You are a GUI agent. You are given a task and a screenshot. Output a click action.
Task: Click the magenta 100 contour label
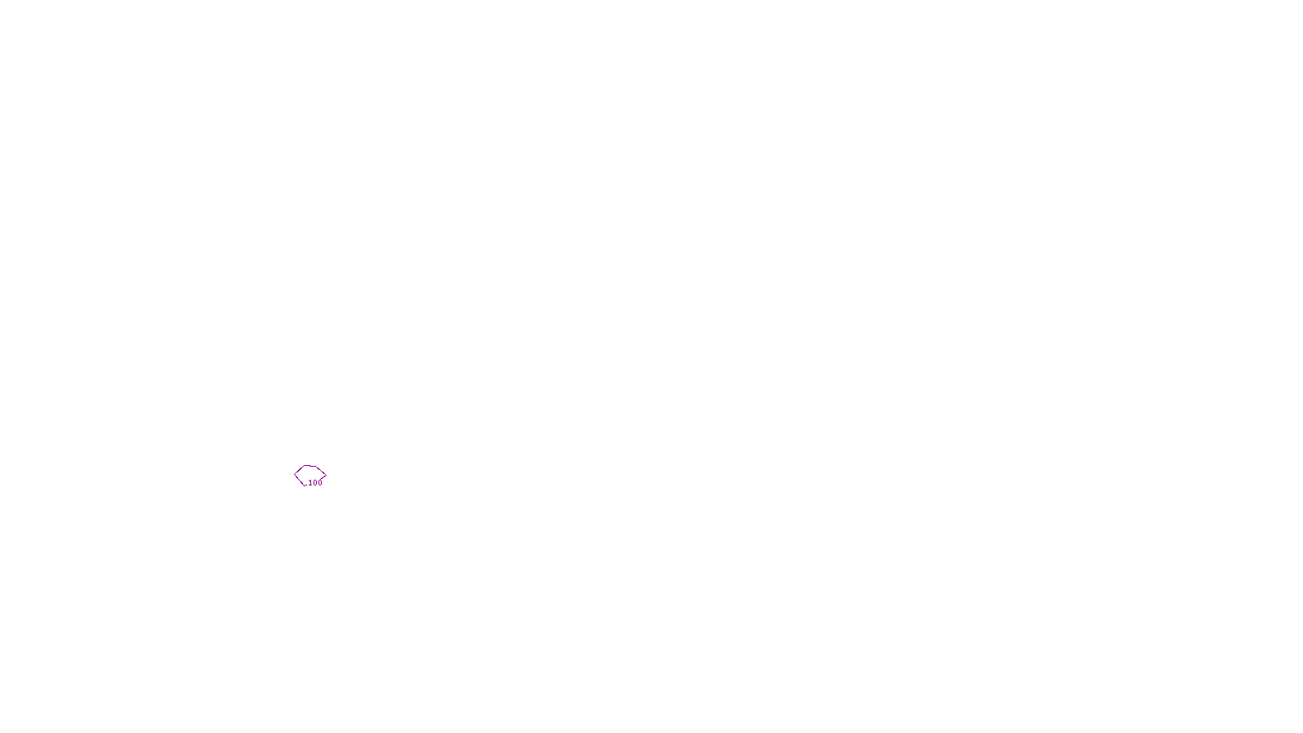[315, 483]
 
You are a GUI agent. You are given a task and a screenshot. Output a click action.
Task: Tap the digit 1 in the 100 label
[310, 483]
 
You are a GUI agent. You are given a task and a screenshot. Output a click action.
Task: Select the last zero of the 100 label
[320, 483]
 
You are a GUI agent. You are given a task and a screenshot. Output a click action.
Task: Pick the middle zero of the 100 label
[315, 483]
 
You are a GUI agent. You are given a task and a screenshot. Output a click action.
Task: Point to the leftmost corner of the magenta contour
[295, 475]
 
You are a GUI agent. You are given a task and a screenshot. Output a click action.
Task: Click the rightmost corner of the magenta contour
[326, 474]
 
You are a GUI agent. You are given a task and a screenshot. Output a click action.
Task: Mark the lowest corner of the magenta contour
[305, 485]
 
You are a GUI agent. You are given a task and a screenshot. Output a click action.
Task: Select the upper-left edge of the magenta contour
[299, 470]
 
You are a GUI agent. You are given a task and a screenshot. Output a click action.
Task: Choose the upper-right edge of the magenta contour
[321, 470]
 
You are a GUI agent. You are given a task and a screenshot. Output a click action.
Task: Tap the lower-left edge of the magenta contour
[299, 480]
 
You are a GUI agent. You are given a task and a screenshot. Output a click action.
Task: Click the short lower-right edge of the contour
[323, 476]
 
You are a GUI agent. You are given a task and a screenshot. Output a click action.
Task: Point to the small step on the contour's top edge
[309, 466]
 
